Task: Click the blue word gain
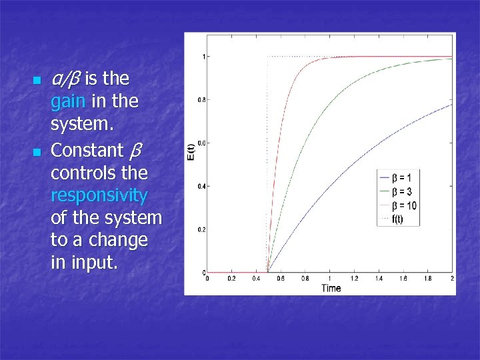(x=67, y=102)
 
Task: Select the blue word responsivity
(x=99, y=195)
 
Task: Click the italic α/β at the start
(x=65, y=79)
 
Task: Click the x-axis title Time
(x=331, y=288)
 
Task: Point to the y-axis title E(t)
(x=191, y=153)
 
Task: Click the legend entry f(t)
(x=397, y=219)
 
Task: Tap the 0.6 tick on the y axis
(x=201, y=143)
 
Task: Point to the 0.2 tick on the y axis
(x=201, y=229)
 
